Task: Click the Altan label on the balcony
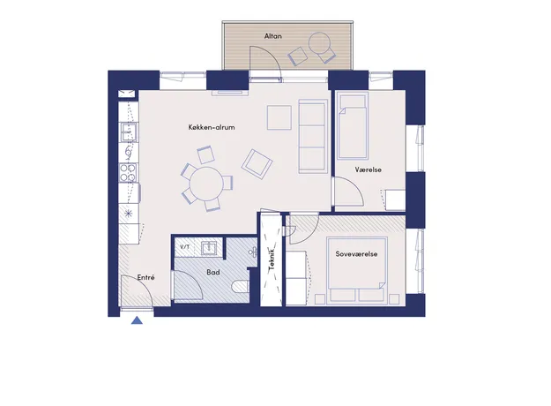[x=273, y=36]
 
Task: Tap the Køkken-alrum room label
[x=212, y=127]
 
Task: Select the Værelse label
[x=369, y=169]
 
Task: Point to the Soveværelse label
[x=356, y=254]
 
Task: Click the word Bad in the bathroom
[x=213, y=272]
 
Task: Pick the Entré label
[x=145, y=277]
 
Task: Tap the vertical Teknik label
[x=272, y=259]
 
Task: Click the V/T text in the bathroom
[x=185, y=247]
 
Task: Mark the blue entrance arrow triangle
[x=137, y=320]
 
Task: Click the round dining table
[x=206, y=184]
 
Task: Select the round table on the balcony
[x=319, y=43]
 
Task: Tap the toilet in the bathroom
[x=241, y=286]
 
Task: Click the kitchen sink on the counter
[x=128, y=132]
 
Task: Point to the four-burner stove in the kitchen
[x=128, y=173]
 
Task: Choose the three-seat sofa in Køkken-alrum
[x=313, y=137]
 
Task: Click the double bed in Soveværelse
[x=357, y=270]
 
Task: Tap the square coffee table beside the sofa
[x=279, y=117]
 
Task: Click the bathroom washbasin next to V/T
[x=209, y=248]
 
